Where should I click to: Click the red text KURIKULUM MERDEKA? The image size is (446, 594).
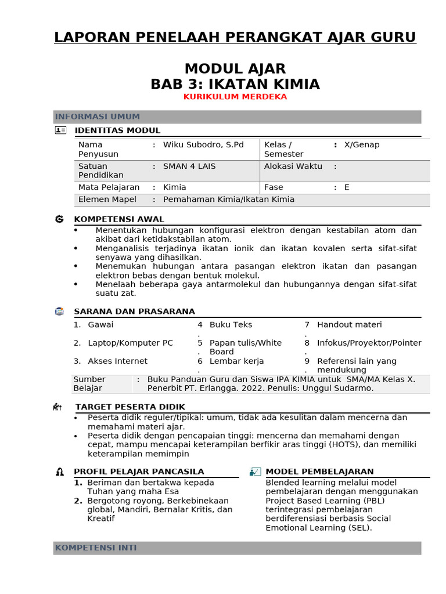(x=235, y=97)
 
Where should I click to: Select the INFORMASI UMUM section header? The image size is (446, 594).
(x=97, y=117)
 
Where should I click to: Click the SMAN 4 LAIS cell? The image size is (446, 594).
(x=189, y=166)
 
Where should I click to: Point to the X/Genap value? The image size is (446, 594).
(x=362, y=144)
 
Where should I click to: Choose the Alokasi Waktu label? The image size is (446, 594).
(x=293, y=166)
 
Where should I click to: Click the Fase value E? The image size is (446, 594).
(x=347, y=187)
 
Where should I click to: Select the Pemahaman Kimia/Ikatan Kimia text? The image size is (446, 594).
(x=229, y=200)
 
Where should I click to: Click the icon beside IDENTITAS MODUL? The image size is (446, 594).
(x=60, y=130)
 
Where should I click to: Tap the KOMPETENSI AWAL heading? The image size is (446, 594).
(x=119, y=219)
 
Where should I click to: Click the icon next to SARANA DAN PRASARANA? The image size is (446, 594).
(x=59, y=312)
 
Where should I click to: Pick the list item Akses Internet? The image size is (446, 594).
(x=118, y=361)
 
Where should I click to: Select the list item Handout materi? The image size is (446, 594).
(x=349, y=325)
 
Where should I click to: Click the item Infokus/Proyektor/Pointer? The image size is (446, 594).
(x=369, y=343)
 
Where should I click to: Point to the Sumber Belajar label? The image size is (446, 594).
(x=89, y=383)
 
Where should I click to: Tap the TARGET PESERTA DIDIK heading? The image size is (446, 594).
(x=130, y=407)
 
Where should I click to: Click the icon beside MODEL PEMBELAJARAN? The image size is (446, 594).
(x=255, y=472)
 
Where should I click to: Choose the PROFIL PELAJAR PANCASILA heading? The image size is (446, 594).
(x=139, y=472)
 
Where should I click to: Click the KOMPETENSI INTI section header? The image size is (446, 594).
(x=96, y=548)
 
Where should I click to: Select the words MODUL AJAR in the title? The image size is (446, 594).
(x=235, y=69)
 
